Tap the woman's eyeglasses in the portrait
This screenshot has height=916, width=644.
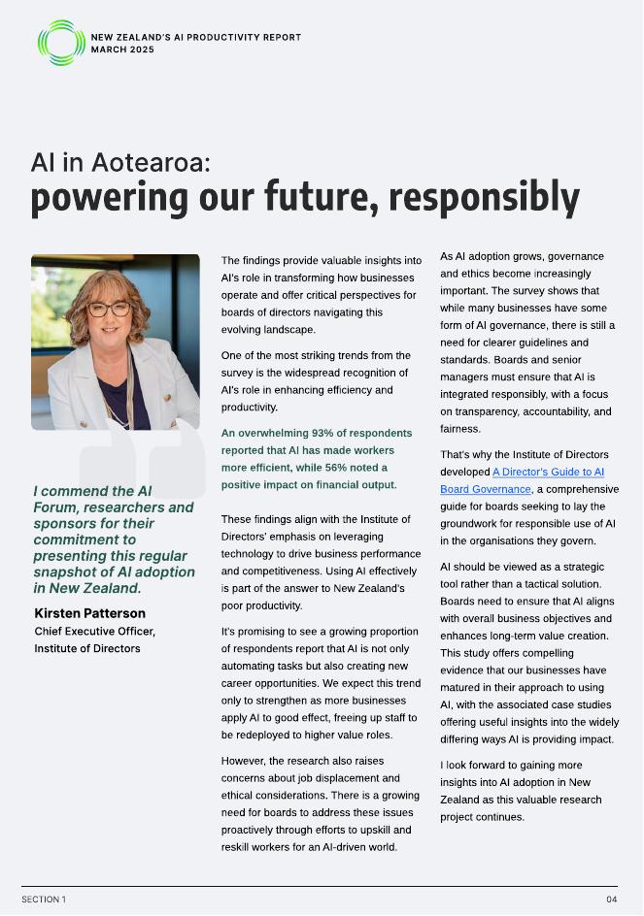pyautogui.click(x=109, y=310)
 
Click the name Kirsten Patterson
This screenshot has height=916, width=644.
pyautogui.click(x=89, y=613)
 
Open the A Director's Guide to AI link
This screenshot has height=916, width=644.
pyautogui.click(x=548, y=472)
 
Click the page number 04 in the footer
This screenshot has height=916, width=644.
pyautogui.click(x=612, y=900)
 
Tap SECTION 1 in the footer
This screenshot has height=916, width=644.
pyautogui.click(x=44, y=900)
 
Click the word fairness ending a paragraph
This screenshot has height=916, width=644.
pyautogui.click(x=460, y=429)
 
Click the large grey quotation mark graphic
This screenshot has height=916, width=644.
pyautogui.click(x=143, y=456)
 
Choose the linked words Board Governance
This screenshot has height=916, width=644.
pyautogui.click(x=486, y=489)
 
